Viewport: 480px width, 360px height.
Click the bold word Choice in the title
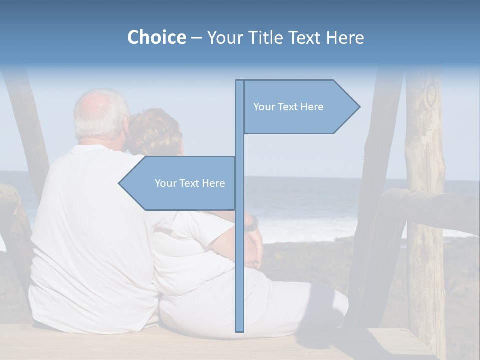156,38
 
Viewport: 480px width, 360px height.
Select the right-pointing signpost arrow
300,107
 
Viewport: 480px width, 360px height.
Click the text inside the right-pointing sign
288,107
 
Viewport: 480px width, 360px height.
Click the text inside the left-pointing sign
190,183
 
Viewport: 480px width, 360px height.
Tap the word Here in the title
345,38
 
